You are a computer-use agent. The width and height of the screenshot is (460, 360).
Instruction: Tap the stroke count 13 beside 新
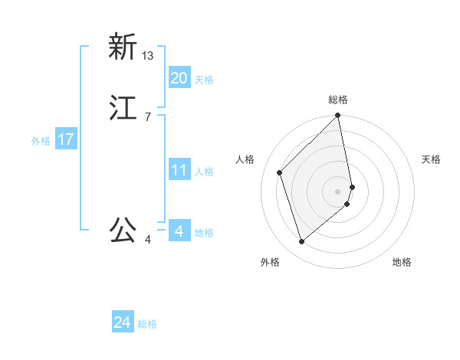coord(148,56)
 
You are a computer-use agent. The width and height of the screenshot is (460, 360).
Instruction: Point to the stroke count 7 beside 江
coord(147,117)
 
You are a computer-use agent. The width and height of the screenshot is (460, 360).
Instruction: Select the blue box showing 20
coord(179,77)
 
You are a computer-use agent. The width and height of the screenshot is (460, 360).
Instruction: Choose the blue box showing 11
coord(179,170)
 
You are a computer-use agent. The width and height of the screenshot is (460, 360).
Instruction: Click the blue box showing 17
coord(66,140)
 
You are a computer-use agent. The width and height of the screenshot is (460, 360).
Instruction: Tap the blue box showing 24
coord(123,323)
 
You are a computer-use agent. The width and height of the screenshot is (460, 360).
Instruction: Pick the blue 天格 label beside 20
coord(204,80)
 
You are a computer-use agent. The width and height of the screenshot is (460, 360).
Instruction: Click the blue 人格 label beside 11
coord(204,172)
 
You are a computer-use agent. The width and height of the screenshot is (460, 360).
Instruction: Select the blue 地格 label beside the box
coord(204,233)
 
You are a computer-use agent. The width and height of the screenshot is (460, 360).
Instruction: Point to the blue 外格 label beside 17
coord(41,141)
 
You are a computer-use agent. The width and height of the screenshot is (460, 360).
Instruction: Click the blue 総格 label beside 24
coord(147,325)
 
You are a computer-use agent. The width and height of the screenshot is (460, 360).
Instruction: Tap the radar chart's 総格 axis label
coord(338,100)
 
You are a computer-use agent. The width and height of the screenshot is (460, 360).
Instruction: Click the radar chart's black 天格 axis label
coord(431,159)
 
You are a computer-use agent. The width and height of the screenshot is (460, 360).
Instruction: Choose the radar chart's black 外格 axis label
coord(270,262)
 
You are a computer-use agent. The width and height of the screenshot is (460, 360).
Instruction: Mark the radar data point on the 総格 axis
coord(338,116)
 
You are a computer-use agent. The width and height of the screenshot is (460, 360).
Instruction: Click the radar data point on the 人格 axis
coord(280,172)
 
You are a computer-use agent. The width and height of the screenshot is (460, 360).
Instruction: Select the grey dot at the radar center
coord(338,191)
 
